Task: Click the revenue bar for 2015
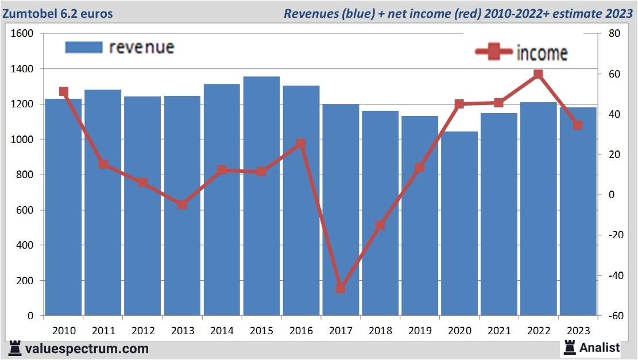261,196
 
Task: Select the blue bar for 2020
459,223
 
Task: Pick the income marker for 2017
341,288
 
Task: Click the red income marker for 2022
538,74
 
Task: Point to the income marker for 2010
64,92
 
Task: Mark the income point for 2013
182,204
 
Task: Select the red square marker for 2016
301,144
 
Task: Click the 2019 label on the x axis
420,331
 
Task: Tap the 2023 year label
578,331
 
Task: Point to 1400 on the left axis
23,69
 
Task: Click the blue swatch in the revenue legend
83,47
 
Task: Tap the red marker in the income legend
494,52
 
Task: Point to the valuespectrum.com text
86,349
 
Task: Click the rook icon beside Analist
570,347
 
